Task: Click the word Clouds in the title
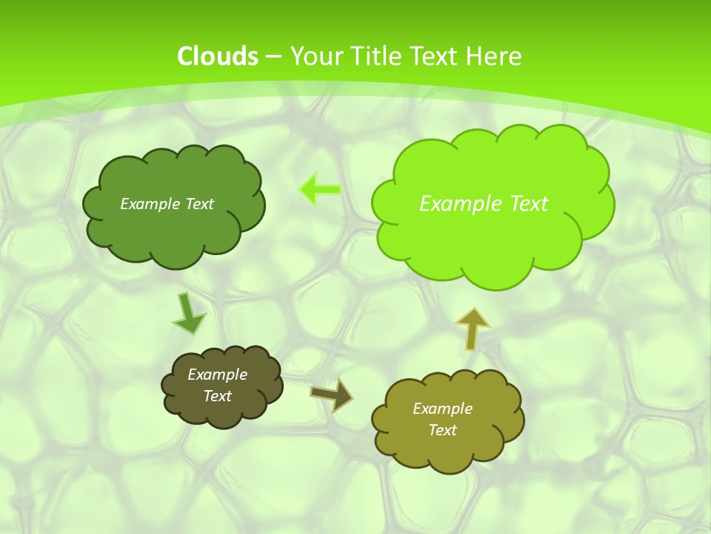[218, 56]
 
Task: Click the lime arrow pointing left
[321, 189]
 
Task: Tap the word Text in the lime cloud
[529, 204]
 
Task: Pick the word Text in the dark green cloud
[200, 204]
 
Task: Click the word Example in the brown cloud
[217, 375]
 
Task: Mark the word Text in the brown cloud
[217, 396]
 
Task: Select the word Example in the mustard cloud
[442, 409]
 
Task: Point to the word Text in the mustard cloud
[442, 430]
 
